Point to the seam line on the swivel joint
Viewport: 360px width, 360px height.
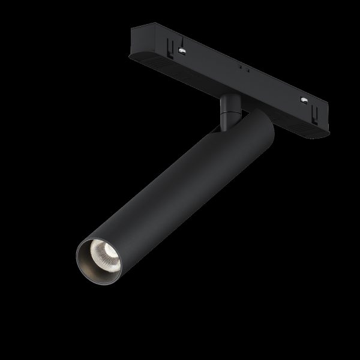[228, 111]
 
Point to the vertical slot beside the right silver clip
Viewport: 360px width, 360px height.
[314, 110]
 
